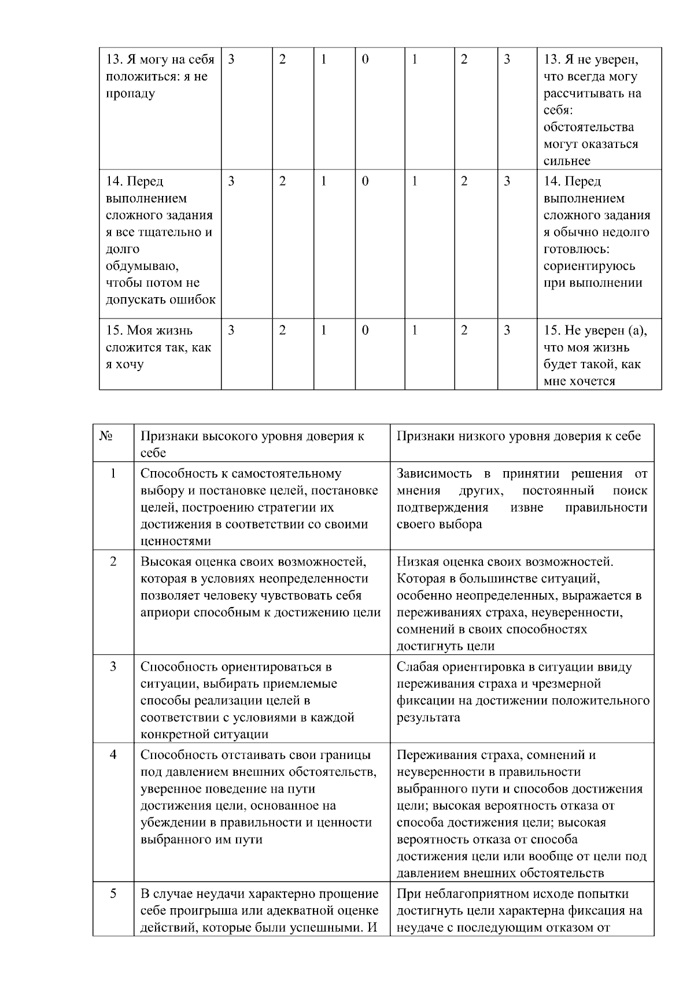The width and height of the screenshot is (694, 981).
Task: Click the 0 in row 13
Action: click(365, 60)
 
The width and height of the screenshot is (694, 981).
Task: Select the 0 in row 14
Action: click(365, 182)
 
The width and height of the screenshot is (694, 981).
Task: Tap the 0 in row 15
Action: click(365, 331)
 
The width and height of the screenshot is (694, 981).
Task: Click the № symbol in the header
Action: click(106, 436)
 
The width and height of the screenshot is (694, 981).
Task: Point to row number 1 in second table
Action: click(113, 473)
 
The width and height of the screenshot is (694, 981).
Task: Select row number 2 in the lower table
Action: click(113, 561)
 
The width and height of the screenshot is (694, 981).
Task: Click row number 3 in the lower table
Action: click(113, 667)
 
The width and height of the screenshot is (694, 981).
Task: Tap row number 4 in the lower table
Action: click(113, 755)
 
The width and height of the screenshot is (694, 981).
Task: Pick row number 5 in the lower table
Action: click(113, 894)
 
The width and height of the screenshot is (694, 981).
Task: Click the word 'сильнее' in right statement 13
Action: click(567, 161)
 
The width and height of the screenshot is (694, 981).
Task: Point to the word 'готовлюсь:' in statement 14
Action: click(577, 249)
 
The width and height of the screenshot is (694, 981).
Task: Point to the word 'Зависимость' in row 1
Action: click(434, 474)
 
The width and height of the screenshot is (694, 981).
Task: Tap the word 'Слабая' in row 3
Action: click(417, 667)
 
